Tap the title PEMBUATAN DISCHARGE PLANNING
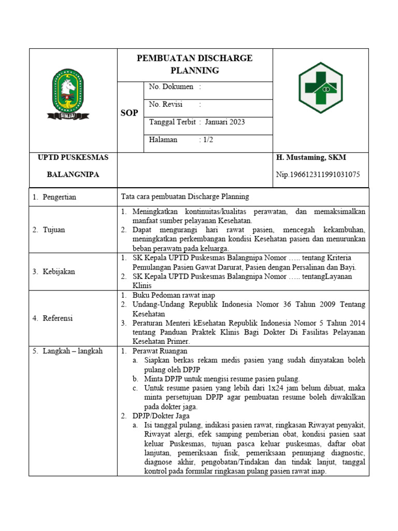point(194,64)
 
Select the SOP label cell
point(129,113)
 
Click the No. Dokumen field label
point(171,87)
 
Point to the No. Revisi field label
point(166,104)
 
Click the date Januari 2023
point(225,122)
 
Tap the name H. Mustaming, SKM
point(311,158)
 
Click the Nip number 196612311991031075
point(318,175)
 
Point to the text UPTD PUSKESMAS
point(73,158)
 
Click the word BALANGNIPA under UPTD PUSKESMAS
point(73,175)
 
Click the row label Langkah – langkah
point(67,351)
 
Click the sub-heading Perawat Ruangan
point(161,351)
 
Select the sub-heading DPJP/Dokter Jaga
point(161,416)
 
